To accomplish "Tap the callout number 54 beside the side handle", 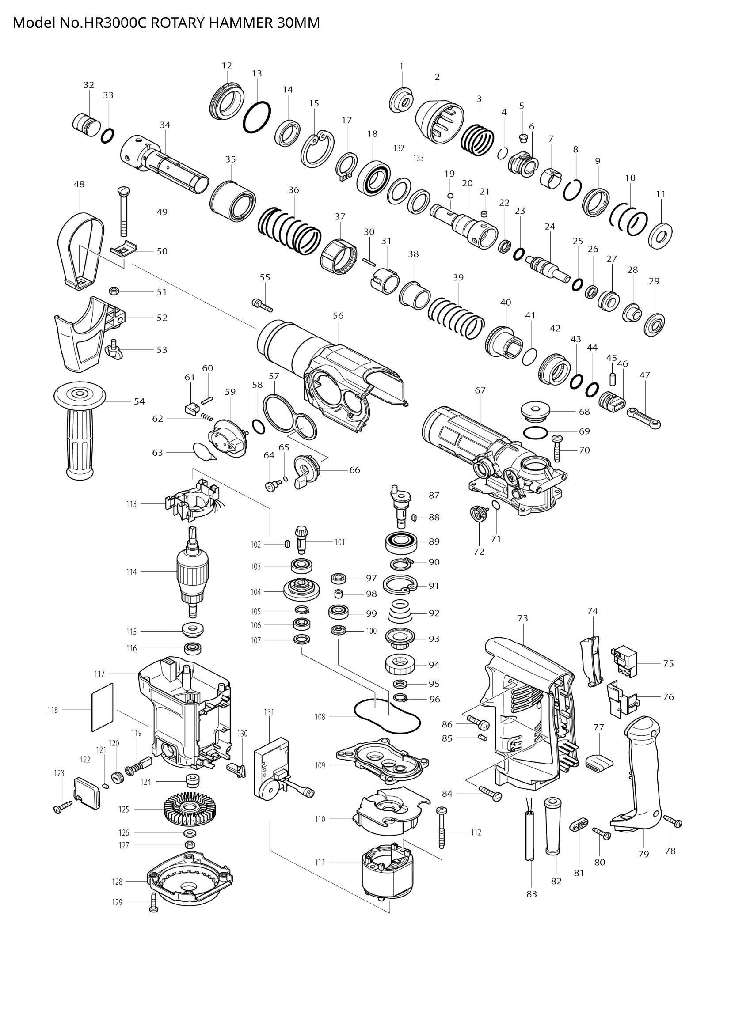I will [139, 401].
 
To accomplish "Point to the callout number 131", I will [269, 712].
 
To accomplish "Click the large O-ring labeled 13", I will [257, 117].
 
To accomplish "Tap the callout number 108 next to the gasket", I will [320, 717].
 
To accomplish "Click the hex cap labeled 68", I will [535, 411].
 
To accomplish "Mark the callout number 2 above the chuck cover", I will [437, 77].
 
